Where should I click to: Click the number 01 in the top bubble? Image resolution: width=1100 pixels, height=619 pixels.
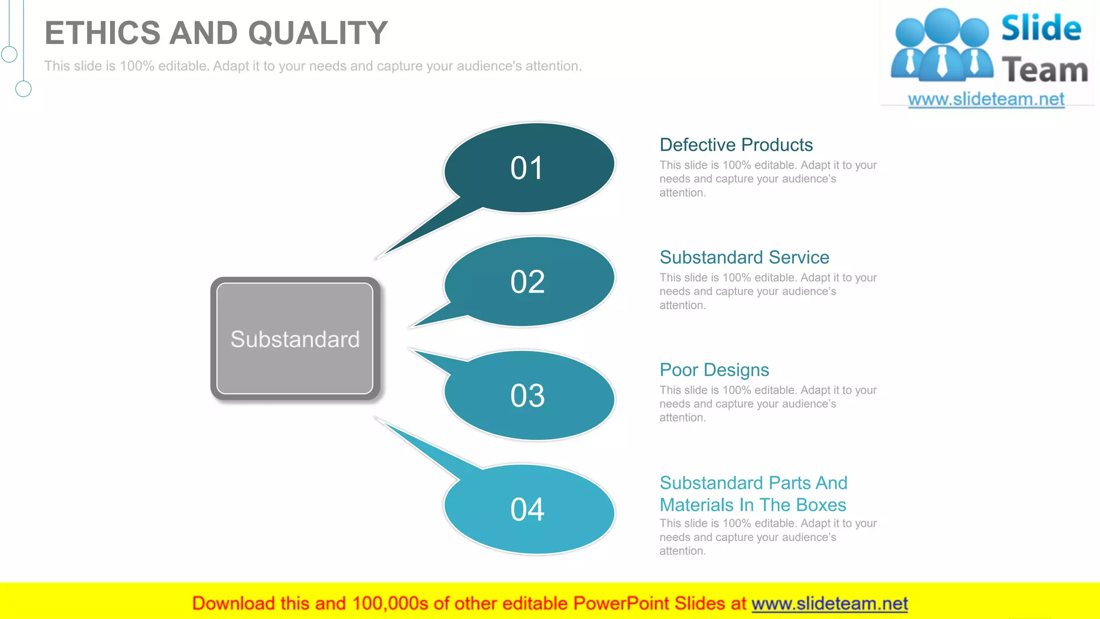click(527, 168)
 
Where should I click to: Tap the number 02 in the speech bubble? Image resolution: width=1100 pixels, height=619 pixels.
click(527, 282)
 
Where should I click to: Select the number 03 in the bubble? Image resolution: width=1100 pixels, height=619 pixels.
click(527, 395)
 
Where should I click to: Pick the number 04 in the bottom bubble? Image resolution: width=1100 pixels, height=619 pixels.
click(527, 509)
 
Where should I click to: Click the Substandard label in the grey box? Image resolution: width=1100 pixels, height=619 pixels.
click(295, 340)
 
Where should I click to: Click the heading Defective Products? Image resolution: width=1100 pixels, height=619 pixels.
click(736, 145)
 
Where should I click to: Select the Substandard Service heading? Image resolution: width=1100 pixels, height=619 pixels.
click(744, 257)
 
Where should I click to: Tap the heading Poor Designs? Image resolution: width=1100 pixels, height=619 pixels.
click(714, 370)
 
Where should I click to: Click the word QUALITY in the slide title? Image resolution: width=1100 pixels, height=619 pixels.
click(317, 33)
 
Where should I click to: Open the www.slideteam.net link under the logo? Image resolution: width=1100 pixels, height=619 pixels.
click(986, 99)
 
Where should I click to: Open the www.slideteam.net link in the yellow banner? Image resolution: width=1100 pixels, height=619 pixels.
click(829, 604)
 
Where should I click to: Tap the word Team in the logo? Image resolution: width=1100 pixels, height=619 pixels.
click(1044, 70)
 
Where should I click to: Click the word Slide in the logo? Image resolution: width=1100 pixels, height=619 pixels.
click(1041, 28)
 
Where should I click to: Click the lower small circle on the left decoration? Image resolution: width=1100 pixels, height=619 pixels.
click(23, 89)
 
